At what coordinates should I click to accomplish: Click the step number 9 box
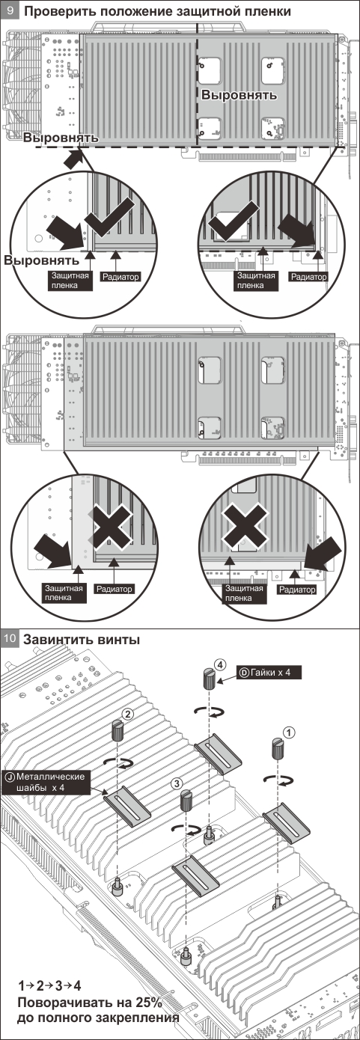[x=10, y=10]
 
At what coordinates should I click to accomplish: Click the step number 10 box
[x=10, y=639]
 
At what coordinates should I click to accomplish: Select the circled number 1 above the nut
[x=289, y=732]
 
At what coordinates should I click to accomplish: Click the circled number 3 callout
[x=177, y=783]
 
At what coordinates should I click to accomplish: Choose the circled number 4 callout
[x=220, y=665]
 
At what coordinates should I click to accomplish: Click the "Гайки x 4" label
[x=269, y=673]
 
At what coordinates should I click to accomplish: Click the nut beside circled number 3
[x=186, y=801]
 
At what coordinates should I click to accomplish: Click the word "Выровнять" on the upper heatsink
[x=240, y=95]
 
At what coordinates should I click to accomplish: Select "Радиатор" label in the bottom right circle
[x=297, y=590]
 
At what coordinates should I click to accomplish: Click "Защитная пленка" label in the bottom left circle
[x=64, y=593]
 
